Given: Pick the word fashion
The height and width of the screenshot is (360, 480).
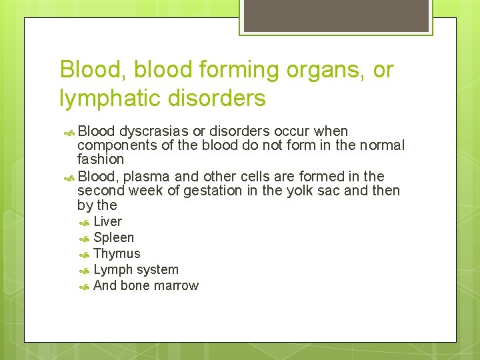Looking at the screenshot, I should pyautogui.click(x=101, y=159).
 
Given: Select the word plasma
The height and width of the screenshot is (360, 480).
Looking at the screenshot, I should pyautogui.click(x=145, y=176).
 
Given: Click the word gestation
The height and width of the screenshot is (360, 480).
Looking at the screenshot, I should pyautogui.click(x=201, y=191).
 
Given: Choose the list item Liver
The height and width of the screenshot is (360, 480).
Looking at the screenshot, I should pyautogui.click(x=107, y=221).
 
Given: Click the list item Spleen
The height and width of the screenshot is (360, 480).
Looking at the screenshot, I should pyautogui.click(x=113, y=237).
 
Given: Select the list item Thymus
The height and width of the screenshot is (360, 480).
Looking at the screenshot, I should pyautogui.click(x=117, y=253).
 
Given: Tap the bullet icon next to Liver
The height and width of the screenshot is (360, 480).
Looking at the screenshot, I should pyautogui.click(x=84, y=222).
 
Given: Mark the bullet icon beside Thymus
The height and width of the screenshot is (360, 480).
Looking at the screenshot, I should pyautogui.click(x=84, y=254).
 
